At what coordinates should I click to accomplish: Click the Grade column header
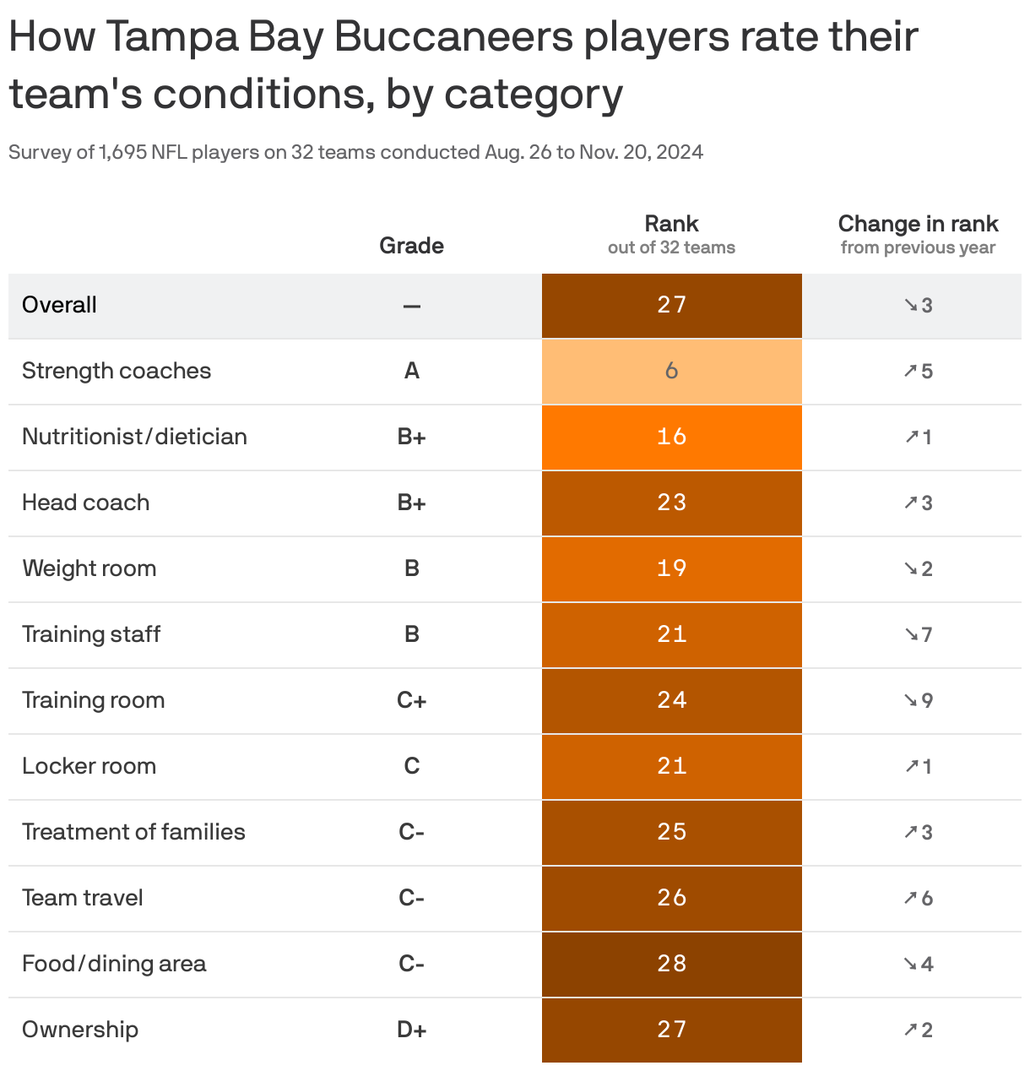[411, 246]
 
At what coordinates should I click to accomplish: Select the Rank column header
[671, 224]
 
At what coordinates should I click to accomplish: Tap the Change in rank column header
[918, 224]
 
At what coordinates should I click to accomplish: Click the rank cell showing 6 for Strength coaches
[671, 371]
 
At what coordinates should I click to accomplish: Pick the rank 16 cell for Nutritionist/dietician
[671, 437]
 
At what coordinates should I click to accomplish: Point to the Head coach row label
[85, 503]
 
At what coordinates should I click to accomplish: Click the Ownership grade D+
[411, 1030]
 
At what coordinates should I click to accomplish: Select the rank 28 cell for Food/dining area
[671, 964]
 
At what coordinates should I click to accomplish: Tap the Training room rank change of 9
[918, 700]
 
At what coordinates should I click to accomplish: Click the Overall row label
[59, 305]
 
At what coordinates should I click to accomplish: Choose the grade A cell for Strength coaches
[411, 371]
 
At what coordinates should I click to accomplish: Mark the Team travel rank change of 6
[918, 898]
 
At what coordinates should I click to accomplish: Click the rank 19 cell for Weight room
[671, 568]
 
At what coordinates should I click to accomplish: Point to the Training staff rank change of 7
[918, 634]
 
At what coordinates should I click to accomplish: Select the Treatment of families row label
[133, 832]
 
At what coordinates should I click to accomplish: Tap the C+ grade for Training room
[411, 700]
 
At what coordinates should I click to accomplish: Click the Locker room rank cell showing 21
[671, 766]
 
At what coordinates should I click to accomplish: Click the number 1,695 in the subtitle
[122, 152]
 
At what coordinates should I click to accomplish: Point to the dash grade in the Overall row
[411, 306]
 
